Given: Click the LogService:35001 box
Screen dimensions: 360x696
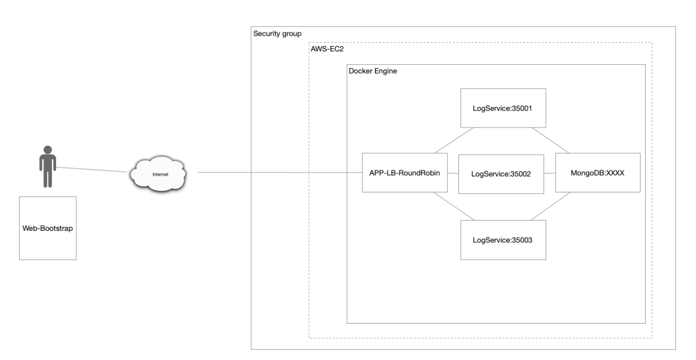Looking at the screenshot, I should click(x=503, y=108).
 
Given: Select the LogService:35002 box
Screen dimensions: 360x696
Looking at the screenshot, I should click(x=500, y=174).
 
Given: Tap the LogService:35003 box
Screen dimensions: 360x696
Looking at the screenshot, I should click(x=503, y=240).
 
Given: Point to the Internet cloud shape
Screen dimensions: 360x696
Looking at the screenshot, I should click(x=157, y=173).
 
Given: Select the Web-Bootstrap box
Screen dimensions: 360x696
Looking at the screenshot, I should click(x=48, y=228).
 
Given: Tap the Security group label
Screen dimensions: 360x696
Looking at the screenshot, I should click(x=277, y=34).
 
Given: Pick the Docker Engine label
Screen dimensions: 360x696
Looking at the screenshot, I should click(x=373, y=71).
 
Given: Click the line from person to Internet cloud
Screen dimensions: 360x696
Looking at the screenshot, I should click(x=92, y=170).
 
